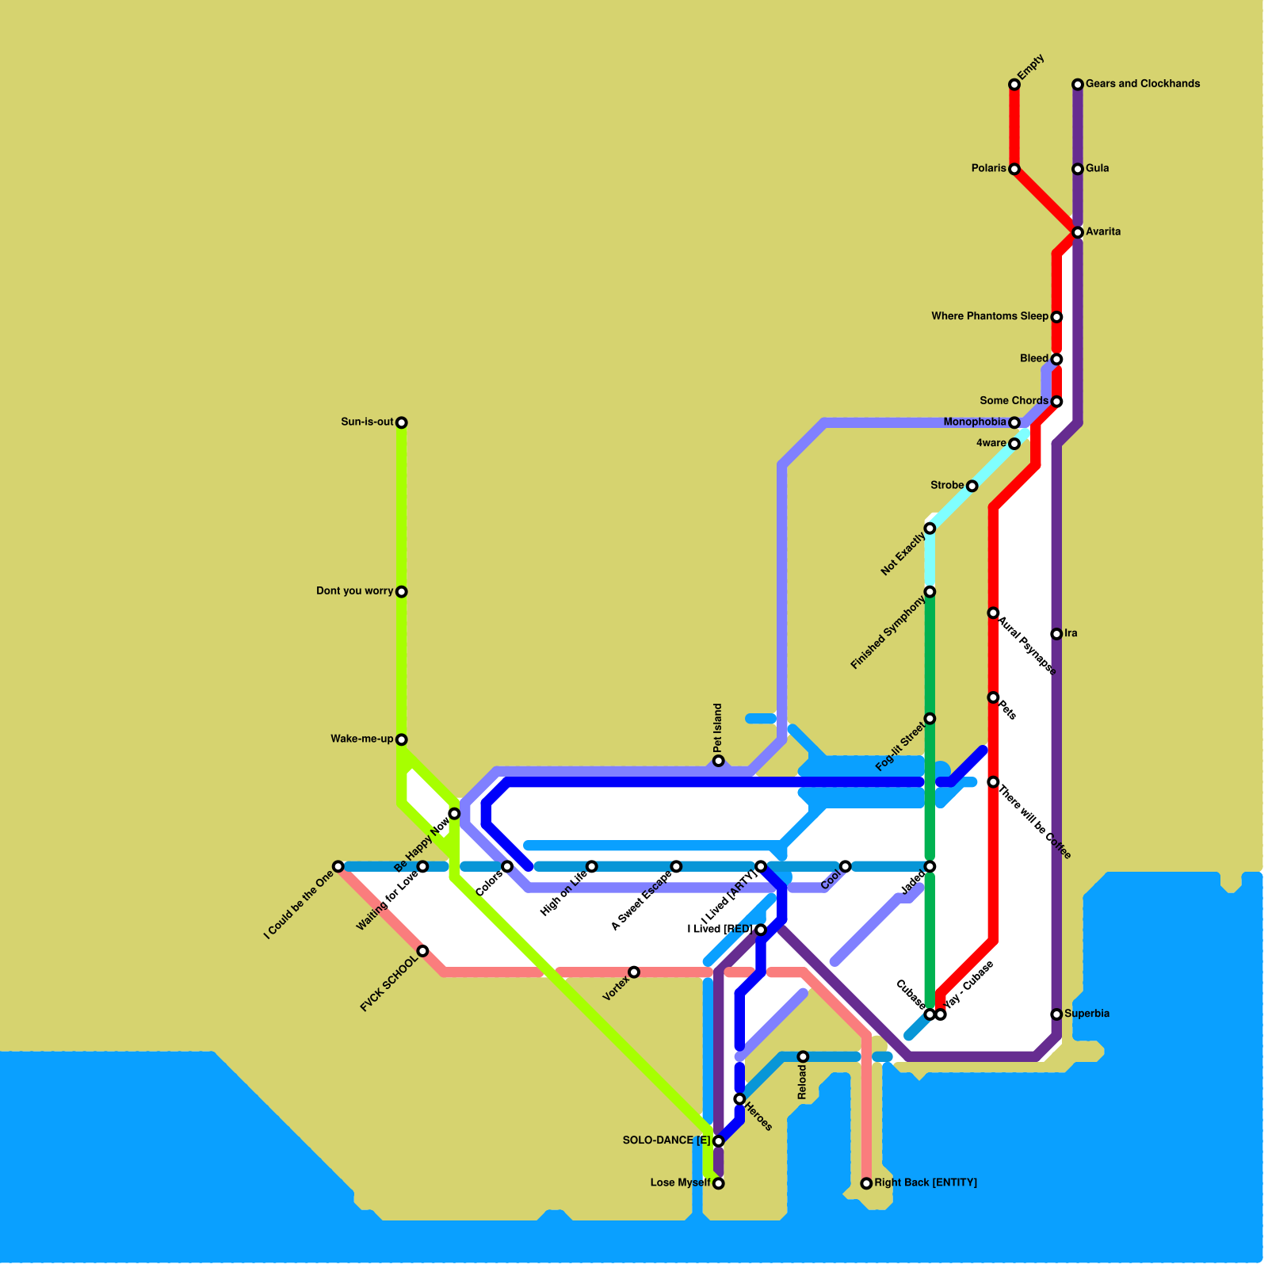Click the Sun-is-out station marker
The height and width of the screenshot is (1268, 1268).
(x=402, y=422)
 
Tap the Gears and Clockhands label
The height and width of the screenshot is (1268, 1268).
(x=1142, y=84)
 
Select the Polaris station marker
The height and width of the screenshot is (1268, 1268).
(x=1014, y=169)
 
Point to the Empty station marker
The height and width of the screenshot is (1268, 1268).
(x=1014, y=85)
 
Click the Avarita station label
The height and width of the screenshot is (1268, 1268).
(x=1103, y=232)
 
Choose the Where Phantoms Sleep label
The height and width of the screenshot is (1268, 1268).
(x=990, y=317)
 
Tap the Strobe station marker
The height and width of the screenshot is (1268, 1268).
(x=972, y=486)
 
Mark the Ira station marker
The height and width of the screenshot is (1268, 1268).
(x=1056, y=634)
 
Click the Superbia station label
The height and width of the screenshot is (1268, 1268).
(x=1087, y=1014)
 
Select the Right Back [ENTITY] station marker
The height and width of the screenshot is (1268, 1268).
(x=866, y=1183)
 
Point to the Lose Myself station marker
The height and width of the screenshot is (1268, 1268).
(x=718, y=1183)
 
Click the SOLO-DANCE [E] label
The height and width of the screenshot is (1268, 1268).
(x=666, y=1141)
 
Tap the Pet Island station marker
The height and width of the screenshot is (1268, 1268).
(x=718, y=761)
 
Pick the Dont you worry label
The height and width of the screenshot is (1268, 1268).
(x=354, y=591)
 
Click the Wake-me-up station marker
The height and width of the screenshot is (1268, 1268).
(x=402, y=739)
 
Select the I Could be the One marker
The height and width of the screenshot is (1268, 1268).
(x=338, y=866)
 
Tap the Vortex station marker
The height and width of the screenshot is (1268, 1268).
(x=634, y=972)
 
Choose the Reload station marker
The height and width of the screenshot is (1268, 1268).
(x=803, y=1056)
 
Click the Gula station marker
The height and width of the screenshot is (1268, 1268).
(x=1078, y=169)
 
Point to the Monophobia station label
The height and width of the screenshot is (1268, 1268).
(x=975, y=422)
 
